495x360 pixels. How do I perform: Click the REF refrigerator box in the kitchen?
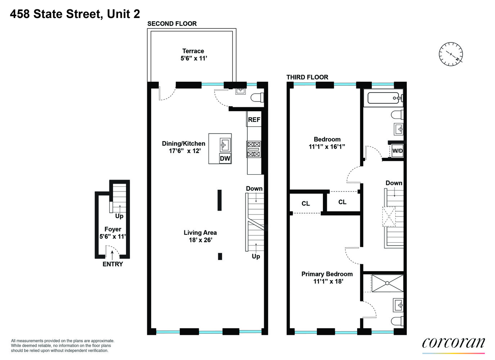254,120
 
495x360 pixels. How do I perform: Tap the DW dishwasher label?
225,158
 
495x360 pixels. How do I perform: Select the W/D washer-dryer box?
397,151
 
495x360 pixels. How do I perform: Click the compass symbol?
451,54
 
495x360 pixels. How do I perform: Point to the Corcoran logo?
453,343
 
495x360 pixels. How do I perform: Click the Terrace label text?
193,51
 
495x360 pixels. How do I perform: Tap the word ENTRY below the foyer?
113,264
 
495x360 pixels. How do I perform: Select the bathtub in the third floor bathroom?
383,98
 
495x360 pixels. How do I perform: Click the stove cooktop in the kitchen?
253,149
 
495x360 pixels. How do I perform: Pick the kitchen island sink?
225,145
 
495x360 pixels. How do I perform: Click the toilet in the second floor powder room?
257,98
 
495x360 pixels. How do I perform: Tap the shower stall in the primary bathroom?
387,283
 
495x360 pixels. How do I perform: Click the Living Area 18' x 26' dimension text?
201,240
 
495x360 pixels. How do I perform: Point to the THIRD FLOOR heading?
307,77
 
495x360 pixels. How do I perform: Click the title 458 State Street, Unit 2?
75,14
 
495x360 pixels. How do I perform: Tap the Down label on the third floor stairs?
394,183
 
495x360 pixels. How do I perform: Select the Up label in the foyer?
119,216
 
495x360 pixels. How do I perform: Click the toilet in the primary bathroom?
398,321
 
